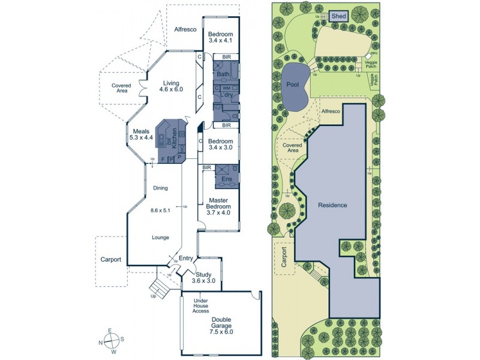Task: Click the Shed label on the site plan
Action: pos(339,17)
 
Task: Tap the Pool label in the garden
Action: pos(293,85)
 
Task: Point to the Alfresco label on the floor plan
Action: pos(185,29)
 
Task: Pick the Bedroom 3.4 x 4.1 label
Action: pos(220,38)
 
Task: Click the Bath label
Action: pos(223,74)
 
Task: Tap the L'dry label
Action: pos(227,95)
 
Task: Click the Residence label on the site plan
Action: pos(332,205)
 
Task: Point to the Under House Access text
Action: pos(200,306)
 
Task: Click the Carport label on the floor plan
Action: pos(110,260)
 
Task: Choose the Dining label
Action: pos(160,188)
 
